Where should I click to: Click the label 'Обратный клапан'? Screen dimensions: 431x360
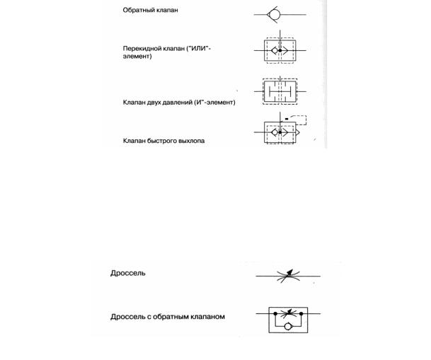click(150, 10)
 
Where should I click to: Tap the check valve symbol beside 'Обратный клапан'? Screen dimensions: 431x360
click(280, 15)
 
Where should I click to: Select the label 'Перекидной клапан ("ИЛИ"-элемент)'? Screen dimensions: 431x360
click(166, 52)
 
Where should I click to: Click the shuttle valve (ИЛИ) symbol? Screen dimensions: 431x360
click(280, 50)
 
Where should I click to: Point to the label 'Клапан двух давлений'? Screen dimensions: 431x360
click(158, 103)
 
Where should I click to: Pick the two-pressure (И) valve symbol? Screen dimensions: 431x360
click(280, 91)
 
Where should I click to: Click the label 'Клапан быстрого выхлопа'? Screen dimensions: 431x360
click(163, 141)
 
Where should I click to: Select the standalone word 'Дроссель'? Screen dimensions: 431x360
click(128, 273)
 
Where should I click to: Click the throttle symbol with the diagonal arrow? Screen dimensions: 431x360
click(288, 276)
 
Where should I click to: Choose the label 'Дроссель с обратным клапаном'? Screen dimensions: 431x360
click(168, 317)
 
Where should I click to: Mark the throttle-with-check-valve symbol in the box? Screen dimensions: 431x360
click(288, 320)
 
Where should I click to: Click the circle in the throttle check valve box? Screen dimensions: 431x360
click(288, 327)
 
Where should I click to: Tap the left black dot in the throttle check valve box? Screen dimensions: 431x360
click(275, 313)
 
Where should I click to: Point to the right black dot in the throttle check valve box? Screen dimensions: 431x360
click(301, 313)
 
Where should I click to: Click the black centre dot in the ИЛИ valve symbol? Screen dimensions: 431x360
click(280, 50)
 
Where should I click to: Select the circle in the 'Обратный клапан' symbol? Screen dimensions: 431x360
click(275, 15)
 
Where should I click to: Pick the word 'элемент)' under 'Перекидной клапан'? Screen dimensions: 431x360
click(137, 57)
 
